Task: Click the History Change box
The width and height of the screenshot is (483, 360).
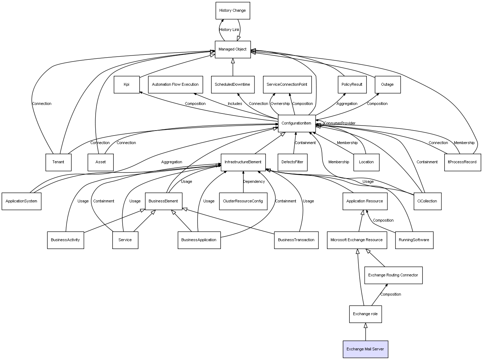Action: coord(233,11)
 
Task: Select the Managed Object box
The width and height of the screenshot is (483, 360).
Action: coord(232,49)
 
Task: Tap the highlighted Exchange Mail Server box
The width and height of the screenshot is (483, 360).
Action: coord(365,349)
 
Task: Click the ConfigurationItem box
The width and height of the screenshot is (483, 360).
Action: coord(296,123)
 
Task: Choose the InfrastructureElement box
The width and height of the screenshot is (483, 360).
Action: coord(243,162)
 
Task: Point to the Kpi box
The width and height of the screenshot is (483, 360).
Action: coord(127,85)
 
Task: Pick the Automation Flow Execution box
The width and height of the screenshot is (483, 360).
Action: coord(175,85)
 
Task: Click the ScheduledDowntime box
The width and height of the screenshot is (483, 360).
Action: coord(232,85)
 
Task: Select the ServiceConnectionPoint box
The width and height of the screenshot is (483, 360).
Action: coord(287,85)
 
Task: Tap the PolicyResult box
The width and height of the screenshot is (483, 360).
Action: coord(352,85)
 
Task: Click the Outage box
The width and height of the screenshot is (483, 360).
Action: coord(387,85)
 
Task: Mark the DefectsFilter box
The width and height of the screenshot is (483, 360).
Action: coord(293,162)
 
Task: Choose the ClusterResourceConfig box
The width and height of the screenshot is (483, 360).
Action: coord(243,201)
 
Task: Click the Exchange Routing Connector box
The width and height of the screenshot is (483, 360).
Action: coord(393,275)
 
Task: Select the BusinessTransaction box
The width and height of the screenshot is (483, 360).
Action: coord(296,240)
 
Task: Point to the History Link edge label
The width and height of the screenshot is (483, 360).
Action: coord(229,30)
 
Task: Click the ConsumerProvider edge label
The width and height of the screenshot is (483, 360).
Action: coord(340,123)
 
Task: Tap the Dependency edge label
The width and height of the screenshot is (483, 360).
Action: coord(254,182)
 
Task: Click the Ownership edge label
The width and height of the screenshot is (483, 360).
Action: coord(280,104)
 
